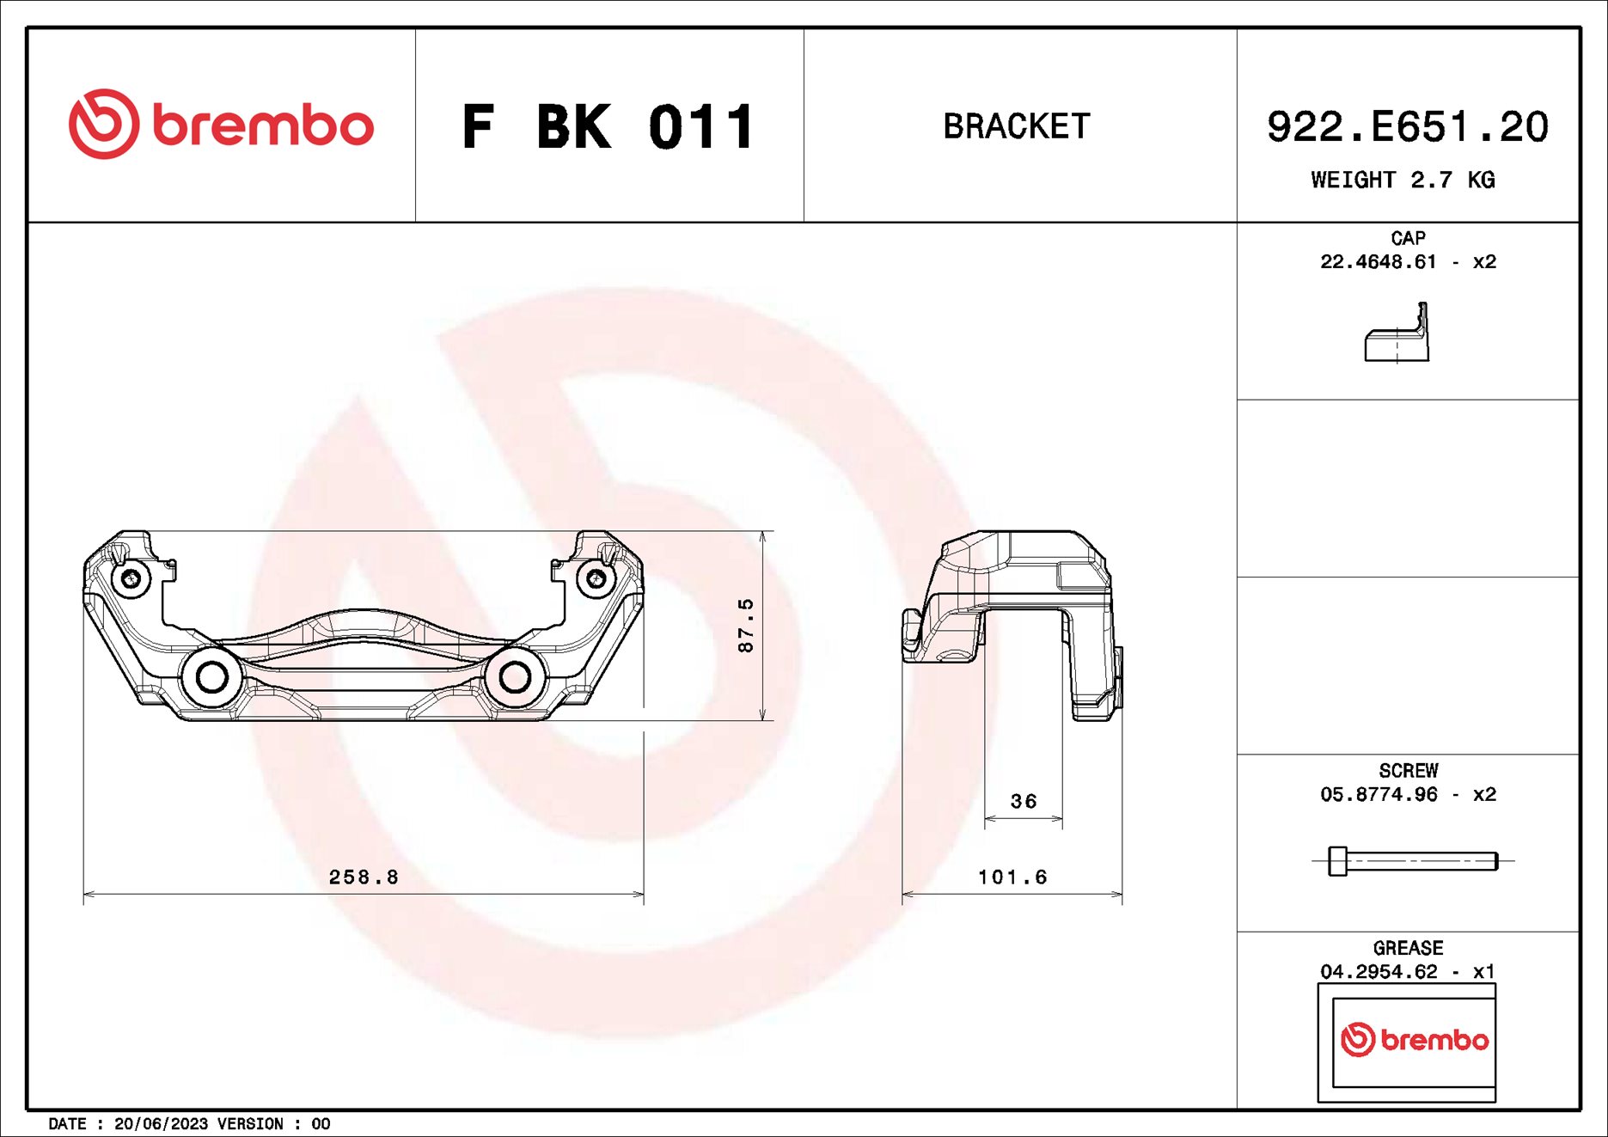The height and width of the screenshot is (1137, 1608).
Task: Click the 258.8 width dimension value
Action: click(x=364, y=877)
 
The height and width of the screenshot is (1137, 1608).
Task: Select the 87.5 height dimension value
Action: click(x=745, y=626)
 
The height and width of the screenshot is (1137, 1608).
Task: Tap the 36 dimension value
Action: click(x=1023, y=801)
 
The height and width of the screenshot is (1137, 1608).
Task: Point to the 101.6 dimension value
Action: click(x=1012, y=877)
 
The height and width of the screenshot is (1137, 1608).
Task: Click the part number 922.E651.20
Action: click(x=1407, y=127)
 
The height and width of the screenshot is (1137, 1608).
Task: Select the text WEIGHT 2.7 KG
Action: click(x=1403, y=180)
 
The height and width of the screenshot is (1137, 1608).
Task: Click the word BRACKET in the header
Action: click(x=1017, y=126)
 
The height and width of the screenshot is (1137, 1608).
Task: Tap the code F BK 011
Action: click(x=608, y=127)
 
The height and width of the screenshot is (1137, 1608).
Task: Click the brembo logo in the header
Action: click(x=221, y=125)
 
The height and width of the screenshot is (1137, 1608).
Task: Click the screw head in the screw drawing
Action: click(x=1337, y=861)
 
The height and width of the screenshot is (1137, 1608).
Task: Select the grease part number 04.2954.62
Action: click(x=1379, y=971)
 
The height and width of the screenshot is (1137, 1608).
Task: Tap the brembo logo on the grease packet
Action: click(x=1414, y=1040)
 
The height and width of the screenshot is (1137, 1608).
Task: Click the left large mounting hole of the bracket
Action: click(x=212, y=677)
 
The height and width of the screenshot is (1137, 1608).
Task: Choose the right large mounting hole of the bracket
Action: click(x=515, y=677)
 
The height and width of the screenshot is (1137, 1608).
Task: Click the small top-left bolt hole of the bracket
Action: click(x=131, y=578)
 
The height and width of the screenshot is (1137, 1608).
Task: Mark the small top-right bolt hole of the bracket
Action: click(x=596, y=578)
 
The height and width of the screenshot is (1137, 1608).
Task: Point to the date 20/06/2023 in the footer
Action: click(x=161, y=1124)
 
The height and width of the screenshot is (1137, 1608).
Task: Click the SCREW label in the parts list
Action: click(x=1408, y=771)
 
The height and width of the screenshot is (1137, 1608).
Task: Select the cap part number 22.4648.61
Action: click(x=1378, y=261)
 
